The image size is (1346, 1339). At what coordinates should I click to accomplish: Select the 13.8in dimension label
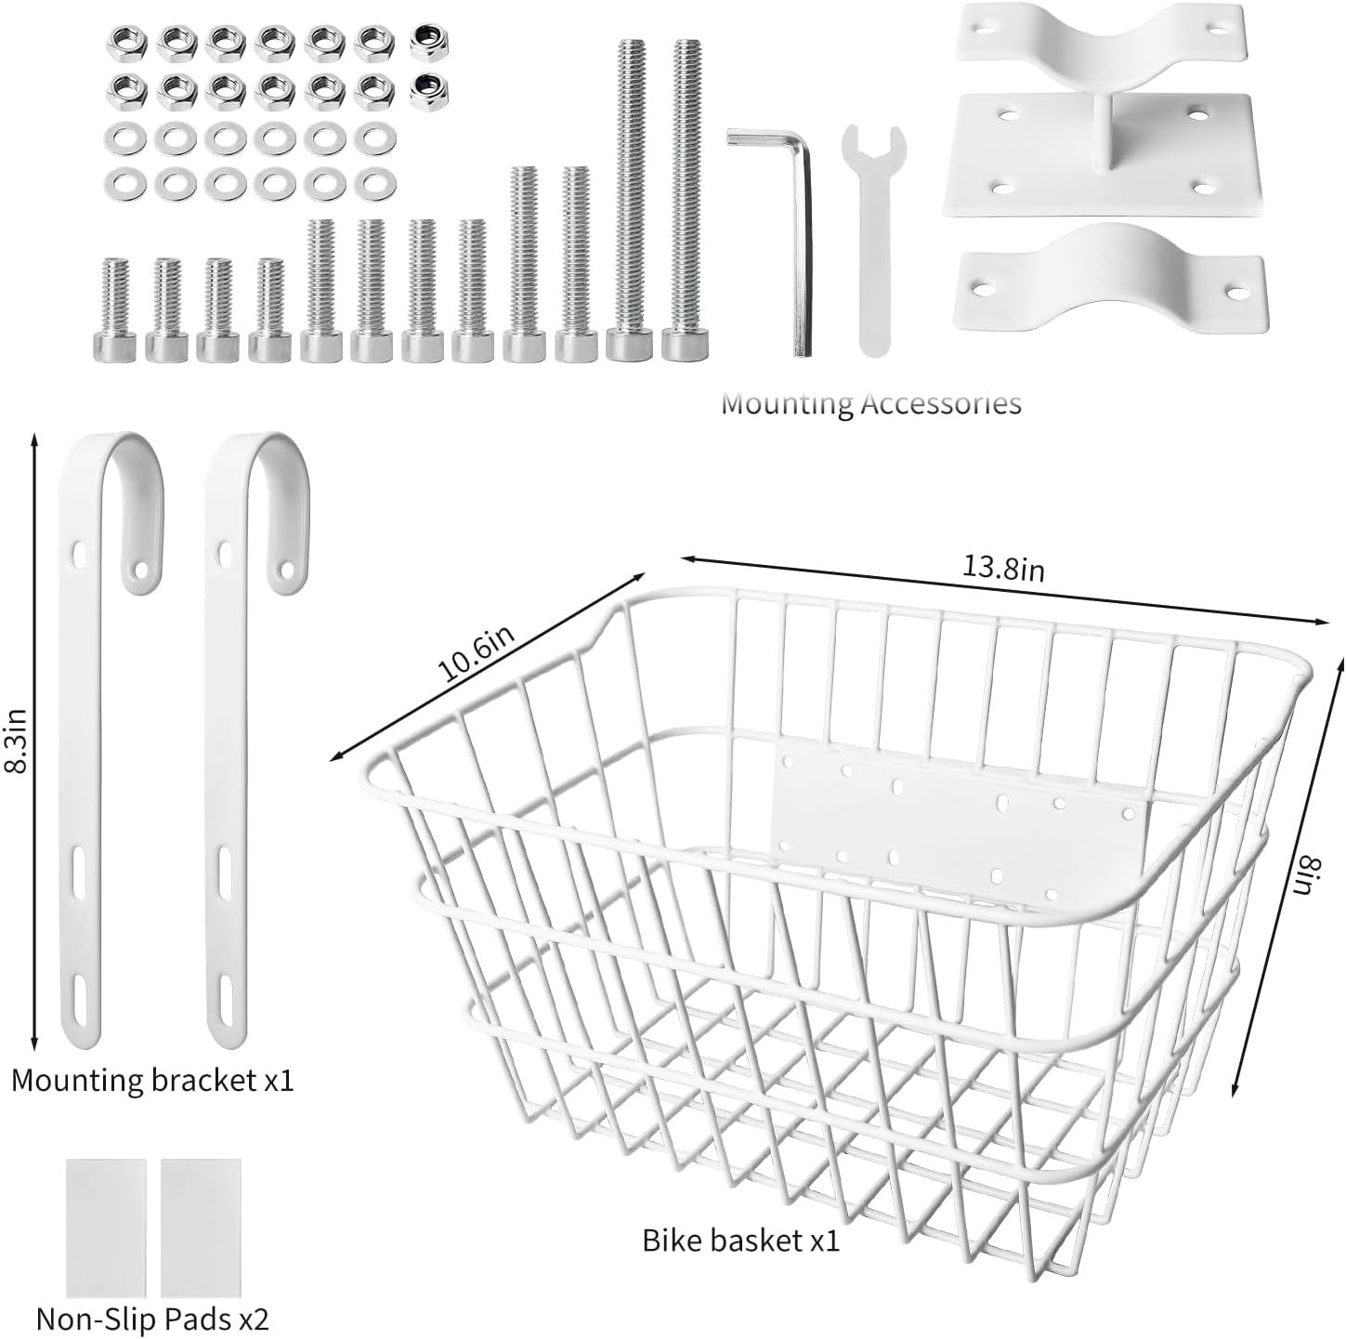click(1002, 568)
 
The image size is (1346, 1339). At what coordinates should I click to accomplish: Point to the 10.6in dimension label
click(476, 653)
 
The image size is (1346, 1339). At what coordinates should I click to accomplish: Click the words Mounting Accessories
click(870, 403)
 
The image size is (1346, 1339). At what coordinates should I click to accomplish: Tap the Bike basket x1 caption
click(740, 1240)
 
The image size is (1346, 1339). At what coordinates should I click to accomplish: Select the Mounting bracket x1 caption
click(152, 1080)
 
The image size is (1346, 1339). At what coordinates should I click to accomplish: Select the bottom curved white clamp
click(1109, 273)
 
